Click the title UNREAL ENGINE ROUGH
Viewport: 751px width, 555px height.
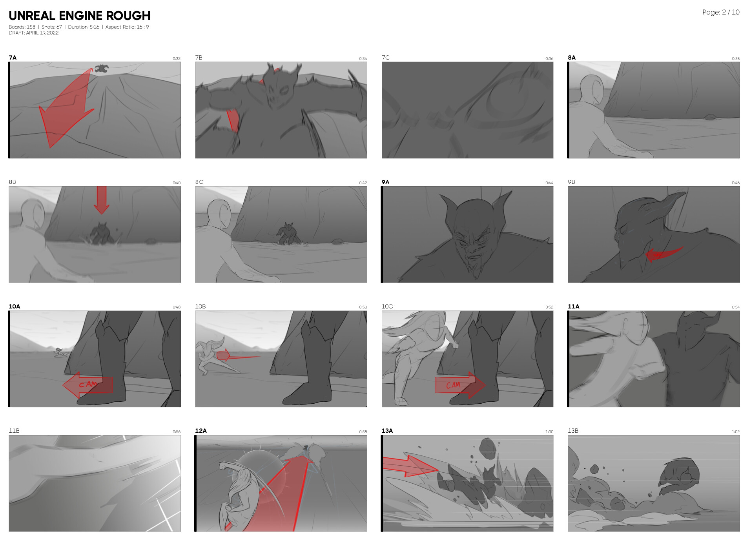click(x=80, y=16)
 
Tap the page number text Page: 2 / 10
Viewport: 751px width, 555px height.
click(x=721, y=13)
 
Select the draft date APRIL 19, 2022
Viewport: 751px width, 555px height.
click(x=42, y=33)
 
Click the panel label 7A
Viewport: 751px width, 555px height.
click(x=13, y=58)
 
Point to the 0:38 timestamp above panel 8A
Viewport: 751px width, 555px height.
click(x=735, y=59)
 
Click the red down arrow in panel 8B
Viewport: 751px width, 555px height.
click(x=101, y=200)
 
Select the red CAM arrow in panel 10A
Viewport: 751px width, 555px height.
click(x=87, y=385)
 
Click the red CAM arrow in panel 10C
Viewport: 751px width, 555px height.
click(x=461, y=385)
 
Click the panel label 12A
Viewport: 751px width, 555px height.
click(x=201, y=431)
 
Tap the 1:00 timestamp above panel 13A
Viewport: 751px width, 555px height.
click(x=549, y=432)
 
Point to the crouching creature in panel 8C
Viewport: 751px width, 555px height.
click(x=288, y=234)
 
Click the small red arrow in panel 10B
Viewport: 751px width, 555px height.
click(x=238, y=356)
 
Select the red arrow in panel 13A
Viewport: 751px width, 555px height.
click(x=410, y=466)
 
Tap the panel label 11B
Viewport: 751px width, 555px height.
click(x=14, y=431)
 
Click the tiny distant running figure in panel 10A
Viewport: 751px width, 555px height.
click(x=60, y=352)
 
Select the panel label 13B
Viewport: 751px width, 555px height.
click(x=573, y=431)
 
